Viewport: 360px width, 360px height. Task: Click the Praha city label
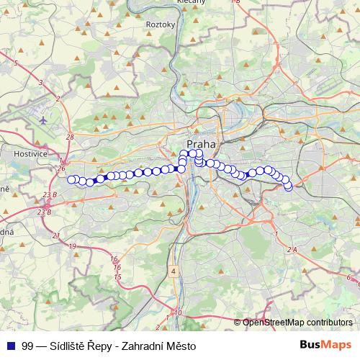click(x=202, y=144)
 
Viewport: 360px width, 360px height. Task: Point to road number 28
click(x=69, y=137)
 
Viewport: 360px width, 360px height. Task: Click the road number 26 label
click(x=59, y=168)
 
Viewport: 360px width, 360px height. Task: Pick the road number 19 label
click(x=72, y=246)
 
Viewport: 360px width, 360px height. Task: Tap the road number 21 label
click(x=55, y=235)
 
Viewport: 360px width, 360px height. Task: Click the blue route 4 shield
click(x=174, y=271)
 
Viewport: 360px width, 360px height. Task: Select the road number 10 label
click(x=178, y=312)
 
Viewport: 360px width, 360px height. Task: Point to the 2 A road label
click(x=291, y=249)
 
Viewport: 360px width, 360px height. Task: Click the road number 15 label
click(x=117, y=276)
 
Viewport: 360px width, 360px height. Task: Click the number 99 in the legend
click(x=27, y=346)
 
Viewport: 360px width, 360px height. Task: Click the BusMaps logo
click(x=325, y=345)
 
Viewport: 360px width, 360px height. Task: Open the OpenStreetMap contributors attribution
click(x=297, y=323)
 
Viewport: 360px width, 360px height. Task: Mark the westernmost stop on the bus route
click(x=71, y=180)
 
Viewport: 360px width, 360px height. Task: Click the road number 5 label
click(x=15, y=63)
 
